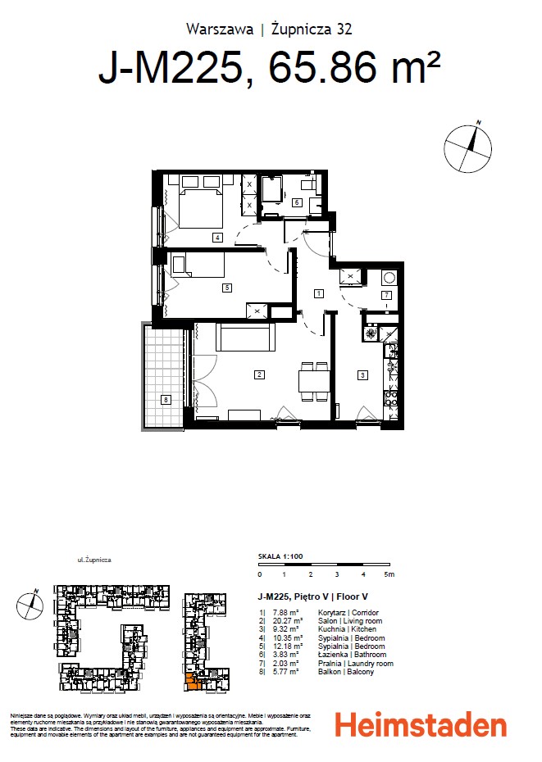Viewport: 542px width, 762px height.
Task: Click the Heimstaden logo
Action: pyautogui.click(x=421, y=725)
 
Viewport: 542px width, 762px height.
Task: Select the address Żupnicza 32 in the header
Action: pyautogui.click(x=312, y=29)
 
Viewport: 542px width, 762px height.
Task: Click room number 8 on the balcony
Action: pyautogui.click(x=166, y=400)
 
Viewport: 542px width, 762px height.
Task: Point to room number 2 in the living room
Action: pyautogui.click(x=258, y=375)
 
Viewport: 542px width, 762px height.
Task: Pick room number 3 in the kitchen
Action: pyautogui.click(x=362, y=375)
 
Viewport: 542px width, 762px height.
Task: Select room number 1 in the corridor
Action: pyautogui.click(x=318, y=293)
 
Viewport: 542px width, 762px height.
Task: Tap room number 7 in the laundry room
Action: pyautogui.click(x=385, y=295)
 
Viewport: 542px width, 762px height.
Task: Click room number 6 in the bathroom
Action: pyautogui.click(x=296, y=202)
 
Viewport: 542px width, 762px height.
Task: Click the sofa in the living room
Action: pyautogui.click(x=245, y=337)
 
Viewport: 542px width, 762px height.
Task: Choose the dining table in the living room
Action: pyautogui.click(x=314, y=382)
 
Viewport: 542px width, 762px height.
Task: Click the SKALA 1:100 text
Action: pyautogui.click(x=280, y=556)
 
